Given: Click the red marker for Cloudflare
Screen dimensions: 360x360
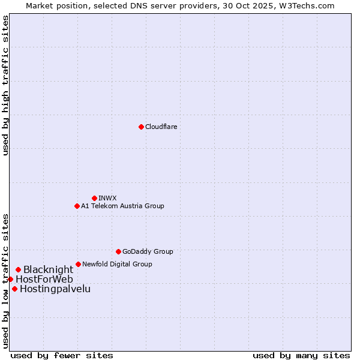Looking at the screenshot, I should (141, 127).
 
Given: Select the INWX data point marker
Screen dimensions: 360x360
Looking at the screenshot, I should (94, 198).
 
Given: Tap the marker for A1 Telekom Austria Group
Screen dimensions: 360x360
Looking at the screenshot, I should (77, 206).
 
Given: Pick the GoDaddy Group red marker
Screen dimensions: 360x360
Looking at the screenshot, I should (118, 251).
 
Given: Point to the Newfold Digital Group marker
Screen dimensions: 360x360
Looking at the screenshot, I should (78, 264).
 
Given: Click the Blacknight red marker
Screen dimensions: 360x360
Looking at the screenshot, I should (18, 269).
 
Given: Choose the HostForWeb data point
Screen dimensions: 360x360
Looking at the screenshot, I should (10, 279).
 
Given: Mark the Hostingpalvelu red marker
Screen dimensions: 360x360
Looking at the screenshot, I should (14, 289).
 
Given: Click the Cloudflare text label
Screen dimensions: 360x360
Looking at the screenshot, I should (161, 127).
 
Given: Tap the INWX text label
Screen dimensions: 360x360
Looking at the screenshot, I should (107, 198).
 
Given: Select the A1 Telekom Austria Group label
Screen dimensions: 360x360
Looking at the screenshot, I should (122, 206).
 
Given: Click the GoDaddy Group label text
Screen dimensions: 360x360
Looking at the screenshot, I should (148, 251).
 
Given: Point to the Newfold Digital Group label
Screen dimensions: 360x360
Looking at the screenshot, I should (117, 264).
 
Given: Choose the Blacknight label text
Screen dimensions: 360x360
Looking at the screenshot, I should (48, 270).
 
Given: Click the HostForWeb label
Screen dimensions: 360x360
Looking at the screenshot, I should (44, 280).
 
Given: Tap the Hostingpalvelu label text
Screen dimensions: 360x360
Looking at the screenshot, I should (55, 289).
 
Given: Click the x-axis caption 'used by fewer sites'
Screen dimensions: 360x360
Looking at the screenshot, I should (62, 355).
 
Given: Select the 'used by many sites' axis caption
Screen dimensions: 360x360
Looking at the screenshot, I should (301, 355).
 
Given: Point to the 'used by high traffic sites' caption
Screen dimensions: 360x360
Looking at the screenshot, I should (5, 85).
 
